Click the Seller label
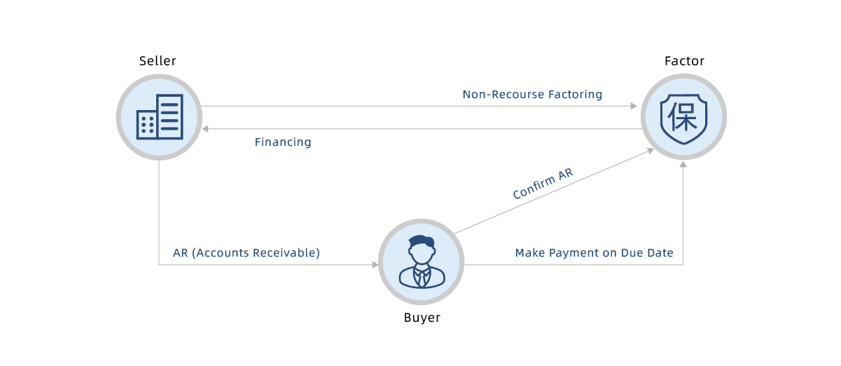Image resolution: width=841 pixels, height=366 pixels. pos(158,61)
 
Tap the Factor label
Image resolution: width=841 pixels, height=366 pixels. pos(684,61)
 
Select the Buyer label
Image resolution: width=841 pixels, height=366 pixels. pos(422,318)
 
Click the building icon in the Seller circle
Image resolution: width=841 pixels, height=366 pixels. pos(160,117)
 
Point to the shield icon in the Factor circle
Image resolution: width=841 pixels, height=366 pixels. pos(683,118)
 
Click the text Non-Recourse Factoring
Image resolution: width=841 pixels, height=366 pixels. pos(532,95)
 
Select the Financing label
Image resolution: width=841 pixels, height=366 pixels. pos(283,142)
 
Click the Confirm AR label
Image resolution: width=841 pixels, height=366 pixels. pos(543,184)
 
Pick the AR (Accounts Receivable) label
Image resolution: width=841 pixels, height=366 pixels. pos(246,253)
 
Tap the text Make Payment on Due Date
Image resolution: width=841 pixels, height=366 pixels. pos(594,253)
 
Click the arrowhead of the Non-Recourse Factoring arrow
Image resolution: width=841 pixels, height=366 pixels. pos(634,106)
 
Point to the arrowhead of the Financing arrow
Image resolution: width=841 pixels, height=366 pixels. pos(205,129)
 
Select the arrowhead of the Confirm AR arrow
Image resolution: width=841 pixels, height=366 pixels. pos(651,151)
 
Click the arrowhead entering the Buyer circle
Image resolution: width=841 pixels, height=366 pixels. pos(375,265)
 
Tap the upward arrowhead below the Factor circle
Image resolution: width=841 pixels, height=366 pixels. pos(683,164)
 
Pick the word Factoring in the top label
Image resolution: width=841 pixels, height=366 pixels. pos(575,95)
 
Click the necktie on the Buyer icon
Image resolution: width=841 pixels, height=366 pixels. pos(422,278)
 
